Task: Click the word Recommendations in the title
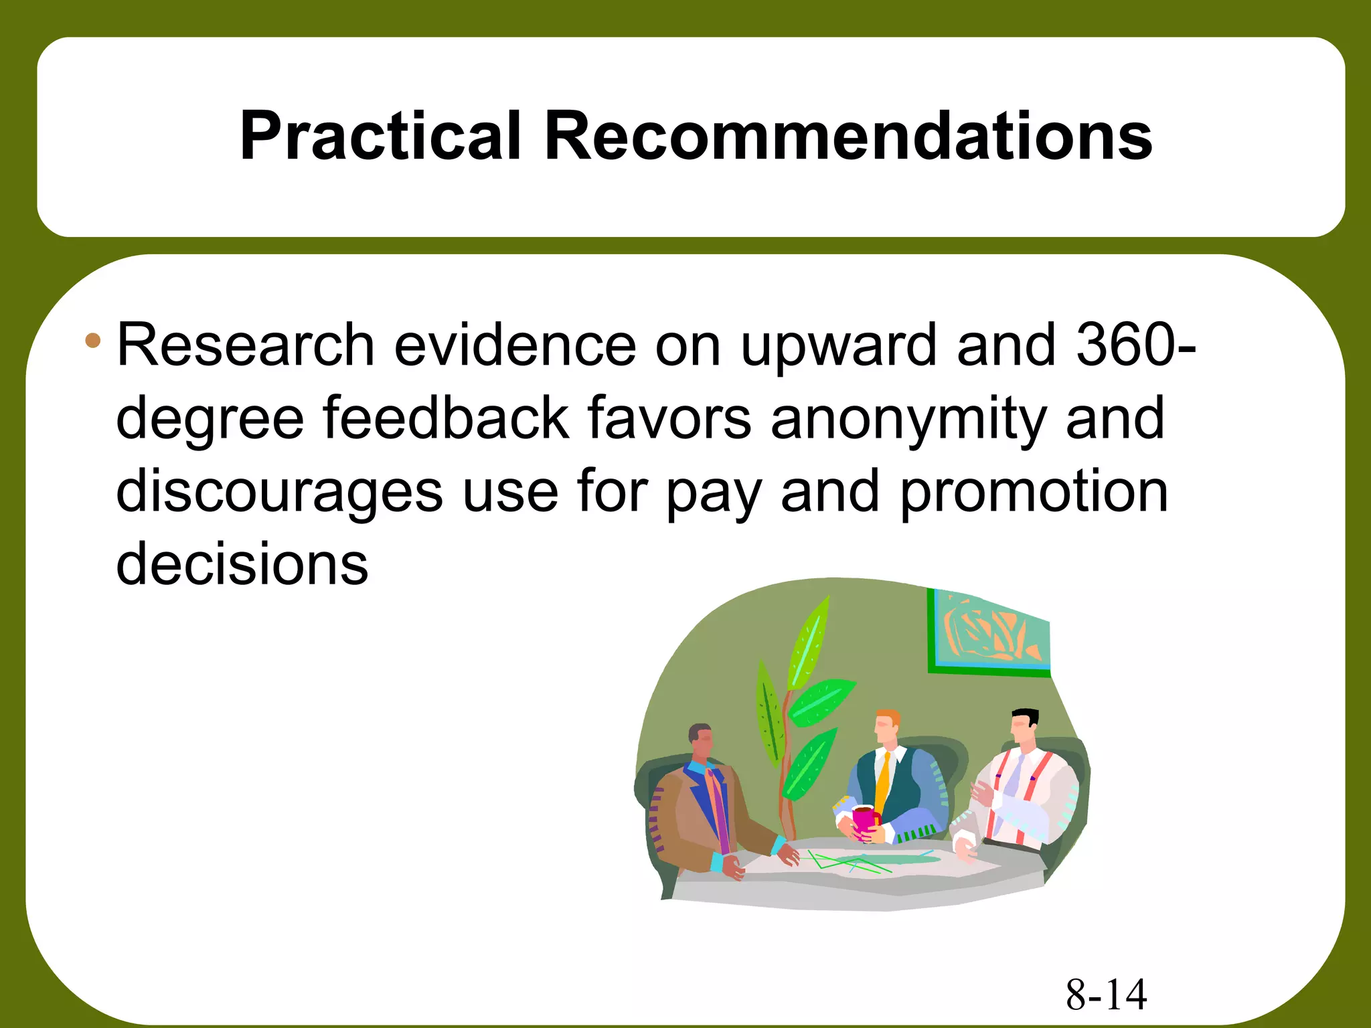848,136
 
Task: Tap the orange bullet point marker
93,341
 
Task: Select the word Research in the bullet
245,345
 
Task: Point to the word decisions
242,564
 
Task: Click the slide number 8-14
1106,995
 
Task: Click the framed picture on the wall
989,632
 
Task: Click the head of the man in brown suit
701,741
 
